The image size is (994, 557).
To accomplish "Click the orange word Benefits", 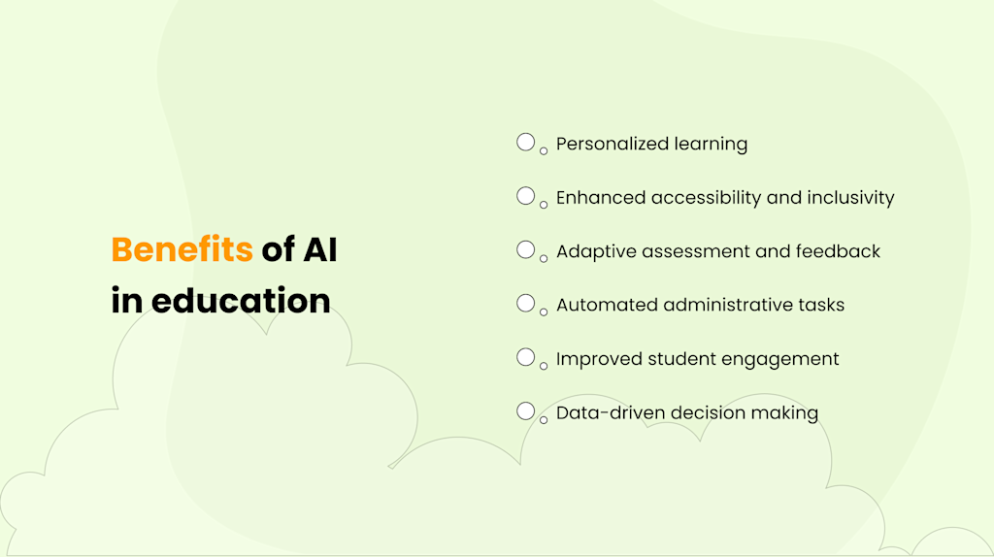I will click(x=182, y=249).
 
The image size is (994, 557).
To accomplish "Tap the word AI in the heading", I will click(x=319, y=249).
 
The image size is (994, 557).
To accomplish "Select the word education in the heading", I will click(x=241, y=300).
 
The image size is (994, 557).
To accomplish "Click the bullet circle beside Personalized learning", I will click(x=525, y=143).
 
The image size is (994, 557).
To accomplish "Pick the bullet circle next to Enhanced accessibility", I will click(x=525, y=196).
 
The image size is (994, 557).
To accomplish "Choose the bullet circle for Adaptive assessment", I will click(x=525, y=249).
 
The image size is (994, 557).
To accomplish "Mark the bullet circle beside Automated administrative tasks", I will click(x=525, y=304).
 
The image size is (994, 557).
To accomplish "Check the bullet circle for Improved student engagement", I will click(x=525, y=357).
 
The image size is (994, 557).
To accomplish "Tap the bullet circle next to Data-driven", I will click(x=525, y=410).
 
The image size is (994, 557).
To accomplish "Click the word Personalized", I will click(x=612, y=144).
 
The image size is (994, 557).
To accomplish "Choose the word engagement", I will click(x=781, y=359).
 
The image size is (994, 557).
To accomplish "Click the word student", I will click(x=681, y=359).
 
